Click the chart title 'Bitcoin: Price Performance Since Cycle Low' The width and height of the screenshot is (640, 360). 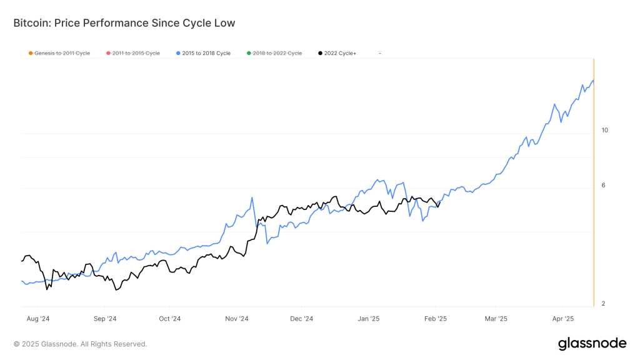click(x=124, y=23)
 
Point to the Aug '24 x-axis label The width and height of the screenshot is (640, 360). click(x=38, y=319)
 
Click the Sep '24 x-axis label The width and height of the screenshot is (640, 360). click(x=105, y=319)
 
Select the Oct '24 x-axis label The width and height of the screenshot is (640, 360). click(x=169, y=319)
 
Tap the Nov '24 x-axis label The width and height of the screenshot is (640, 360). click(x=237, y=319)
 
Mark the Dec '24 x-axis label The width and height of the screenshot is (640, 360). click(x=301, y=319)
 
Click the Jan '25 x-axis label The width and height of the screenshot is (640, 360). click(x=369, y=319)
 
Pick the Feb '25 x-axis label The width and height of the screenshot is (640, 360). click(x=435, y=319)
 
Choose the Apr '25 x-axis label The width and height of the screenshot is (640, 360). click(x=563, y=319)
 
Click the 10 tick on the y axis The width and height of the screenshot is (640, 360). click(x=604, y=130)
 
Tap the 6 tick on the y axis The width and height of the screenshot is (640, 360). click(x=603, y=185)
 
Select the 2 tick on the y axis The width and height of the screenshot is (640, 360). click(x=603, y=304)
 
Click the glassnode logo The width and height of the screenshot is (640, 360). click(x=592, y=343)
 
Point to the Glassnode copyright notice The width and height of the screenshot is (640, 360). click(x=81, y=344)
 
